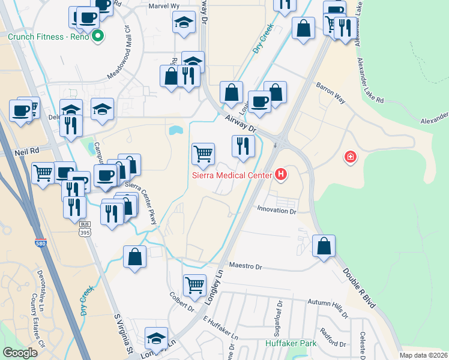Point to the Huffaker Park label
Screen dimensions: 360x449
(291, 344)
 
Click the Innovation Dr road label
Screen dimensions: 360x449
(277, 211)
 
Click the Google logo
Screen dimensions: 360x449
(20, 353)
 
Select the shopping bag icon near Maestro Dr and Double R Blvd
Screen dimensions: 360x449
(324, 246)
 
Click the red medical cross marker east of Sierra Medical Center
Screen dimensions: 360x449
(350, 158)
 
